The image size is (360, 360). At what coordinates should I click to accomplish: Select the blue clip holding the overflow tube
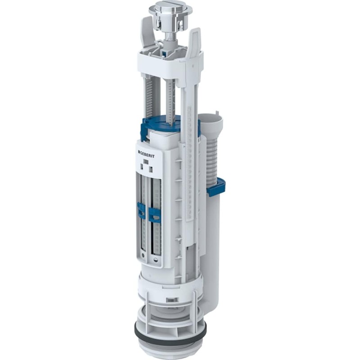(x=216, y=187)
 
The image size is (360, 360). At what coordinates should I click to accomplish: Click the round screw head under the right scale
(x=156, y=260)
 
